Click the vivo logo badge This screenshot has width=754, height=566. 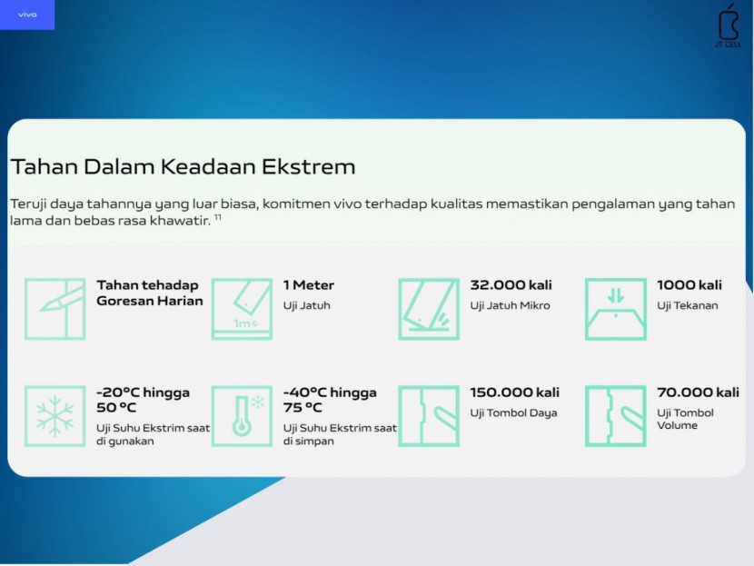pyautogui.click(x=27, y=15)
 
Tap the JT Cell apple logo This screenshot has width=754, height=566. pyautogui.click(x=728, y=25)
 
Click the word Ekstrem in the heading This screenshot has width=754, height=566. pyautogui.click(x=308, y=167)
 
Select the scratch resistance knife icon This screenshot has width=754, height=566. pyautogui.click(x=55, y=309)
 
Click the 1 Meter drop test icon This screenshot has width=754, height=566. pyautogui.click(x=242, y=309)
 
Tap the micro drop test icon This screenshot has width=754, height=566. pyautogui.click(x=429, y=309)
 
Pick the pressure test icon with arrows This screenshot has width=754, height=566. pyautogui.click(x=616, y=309)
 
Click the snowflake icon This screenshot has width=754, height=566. pyautogui.click(x=55, y=416)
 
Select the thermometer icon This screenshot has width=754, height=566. pyautogui.click(x=242, y=416)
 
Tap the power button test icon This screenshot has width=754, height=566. pyautogui.click(x=429, y=416)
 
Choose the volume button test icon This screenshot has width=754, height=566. pyautogui.click(x=616, y=416)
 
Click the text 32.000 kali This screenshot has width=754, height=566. pyautogui.click(x=511, y=285)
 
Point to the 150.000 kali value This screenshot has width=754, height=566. pyautogui.click(x=514, y=392)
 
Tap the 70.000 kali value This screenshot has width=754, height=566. pyautogui.click(x=698, y=392)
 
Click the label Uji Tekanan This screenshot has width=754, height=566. pyautogui.click(x=687, y=306)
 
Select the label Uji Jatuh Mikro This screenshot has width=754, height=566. pyautogui.click(x=510, y=306)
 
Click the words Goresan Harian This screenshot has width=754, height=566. pyautogui.click(x=150, y=301)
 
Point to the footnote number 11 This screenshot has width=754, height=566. pyautogui.click(x=218, y=217)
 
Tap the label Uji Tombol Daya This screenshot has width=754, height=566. pyautogui.click(x=513, y=413)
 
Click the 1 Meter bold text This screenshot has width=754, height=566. pyautogui.click(x=309, y=285)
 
